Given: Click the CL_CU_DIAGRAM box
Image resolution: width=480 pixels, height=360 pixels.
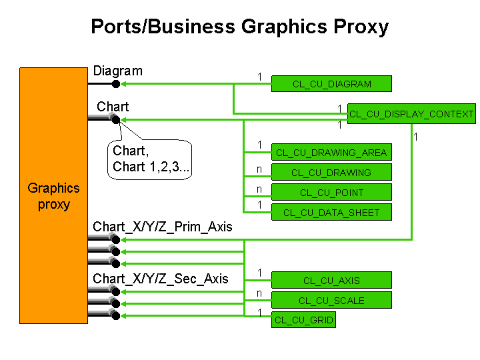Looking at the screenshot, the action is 331,83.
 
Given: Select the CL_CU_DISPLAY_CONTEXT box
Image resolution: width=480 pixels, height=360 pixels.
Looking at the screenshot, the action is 411,113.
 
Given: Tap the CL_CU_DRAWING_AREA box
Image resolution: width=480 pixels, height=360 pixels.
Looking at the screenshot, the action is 331,152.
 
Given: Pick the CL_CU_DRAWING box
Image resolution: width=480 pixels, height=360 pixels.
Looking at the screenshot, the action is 331,173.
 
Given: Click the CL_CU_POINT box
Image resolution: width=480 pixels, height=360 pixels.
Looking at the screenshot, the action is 331,192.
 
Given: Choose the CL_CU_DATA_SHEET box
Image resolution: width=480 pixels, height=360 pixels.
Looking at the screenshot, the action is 331,212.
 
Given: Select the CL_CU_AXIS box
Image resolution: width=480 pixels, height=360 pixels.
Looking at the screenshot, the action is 331,280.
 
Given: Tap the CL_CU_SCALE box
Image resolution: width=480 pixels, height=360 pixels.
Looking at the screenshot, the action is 331,300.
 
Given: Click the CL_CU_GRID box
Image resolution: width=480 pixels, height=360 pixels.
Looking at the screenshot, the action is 304,320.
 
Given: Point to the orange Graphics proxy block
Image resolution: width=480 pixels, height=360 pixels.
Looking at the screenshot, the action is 53,195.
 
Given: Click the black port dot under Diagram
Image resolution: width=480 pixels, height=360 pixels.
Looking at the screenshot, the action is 116,83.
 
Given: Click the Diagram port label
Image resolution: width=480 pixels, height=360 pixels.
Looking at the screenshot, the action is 118,71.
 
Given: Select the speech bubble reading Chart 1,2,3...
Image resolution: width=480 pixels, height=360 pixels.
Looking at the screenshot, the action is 150,159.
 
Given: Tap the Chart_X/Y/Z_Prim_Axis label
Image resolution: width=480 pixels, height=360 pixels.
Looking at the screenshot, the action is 162,227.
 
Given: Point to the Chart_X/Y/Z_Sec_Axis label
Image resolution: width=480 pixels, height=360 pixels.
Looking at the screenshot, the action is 161,279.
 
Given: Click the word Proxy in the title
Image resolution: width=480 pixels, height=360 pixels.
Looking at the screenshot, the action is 361,27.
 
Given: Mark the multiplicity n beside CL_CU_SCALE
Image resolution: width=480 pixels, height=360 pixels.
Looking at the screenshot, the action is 259,293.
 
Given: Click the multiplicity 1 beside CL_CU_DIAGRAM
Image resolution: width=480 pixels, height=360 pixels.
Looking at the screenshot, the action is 259,77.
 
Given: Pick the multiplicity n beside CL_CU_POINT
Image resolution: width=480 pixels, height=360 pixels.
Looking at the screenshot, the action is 259,189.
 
